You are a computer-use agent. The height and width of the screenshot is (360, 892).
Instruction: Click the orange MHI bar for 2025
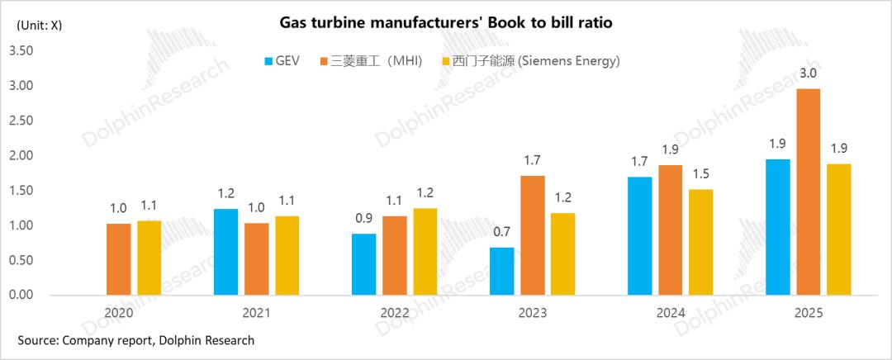click(809, 192)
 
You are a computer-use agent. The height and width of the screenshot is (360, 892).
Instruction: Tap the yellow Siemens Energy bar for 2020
click(149, 258)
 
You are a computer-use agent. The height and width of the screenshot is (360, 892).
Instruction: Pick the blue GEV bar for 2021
click(225, 252)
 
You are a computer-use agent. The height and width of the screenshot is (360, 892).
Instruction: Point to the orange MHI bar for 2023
click(534, 235)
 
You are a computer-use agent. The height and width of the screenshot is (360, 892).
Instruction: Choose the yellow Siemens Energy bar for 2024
click(700, 242)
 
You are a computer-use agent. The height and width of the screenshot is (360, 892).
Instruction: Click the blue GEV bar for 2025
click(778, 227)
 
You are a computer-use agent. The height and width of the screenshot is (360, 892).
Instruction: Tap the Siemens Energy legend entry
click(532, 61)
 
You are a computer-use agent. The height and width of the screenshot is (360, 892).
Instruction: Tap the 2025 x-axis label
click(808, 314)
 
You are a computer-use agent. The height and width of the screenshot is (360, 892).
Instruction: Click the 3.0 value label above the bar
click(809, 73)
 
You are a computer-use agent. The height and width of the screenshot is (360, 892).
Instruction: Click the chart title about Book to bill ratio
click(446, 22)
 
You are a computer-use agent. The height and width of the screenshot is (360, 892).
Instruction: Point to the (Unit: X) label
click(38, 25)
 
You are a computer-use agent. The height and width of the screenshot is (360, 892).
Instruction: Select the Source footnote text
click(136, 340)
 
